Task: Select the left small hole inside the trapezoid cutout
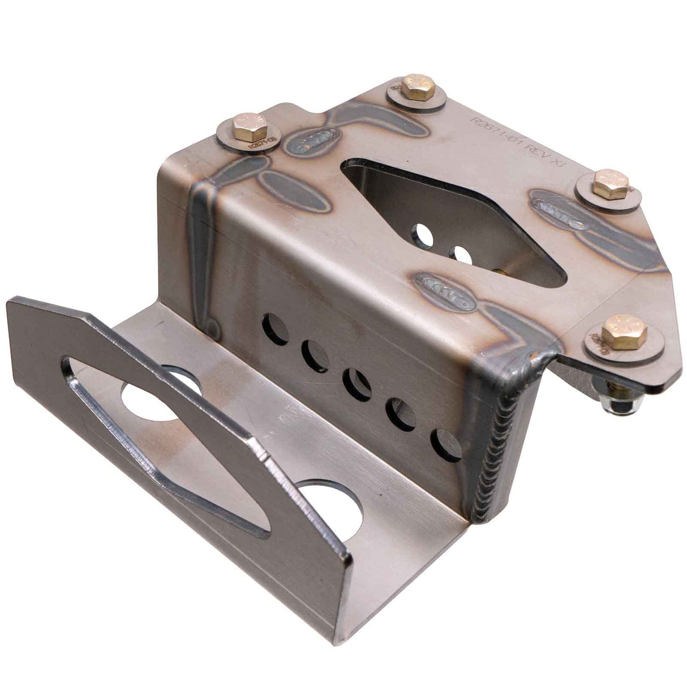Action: pyautogui.click(x=423, y=234)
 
